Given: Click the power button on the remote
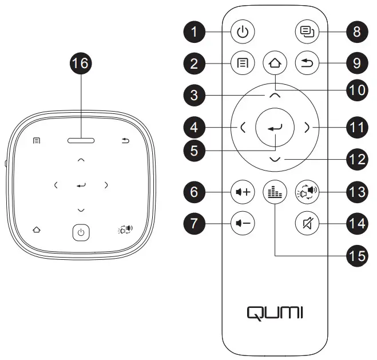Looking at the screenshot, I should click(x=243, y=32).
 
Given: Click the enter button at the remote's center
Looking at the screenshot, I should click(x=275, y=128).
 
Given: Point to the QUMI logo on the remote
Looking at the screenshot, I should click(x=275, y=312).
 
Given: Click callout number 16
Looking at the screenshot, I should click(x=81, y=64).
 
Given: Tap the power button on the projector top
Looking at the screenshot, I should click(x=81, y=232).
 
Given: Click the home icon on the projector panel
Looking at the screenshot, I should click(x=37, y=230).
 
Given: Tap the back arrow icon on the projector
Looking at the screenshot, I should click(x=125, y=140).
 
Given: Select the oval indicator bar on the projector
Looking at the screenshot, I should click(x=81, y=140).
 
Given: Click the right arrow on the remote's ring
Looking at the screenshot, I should click(x=307, y=128).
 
